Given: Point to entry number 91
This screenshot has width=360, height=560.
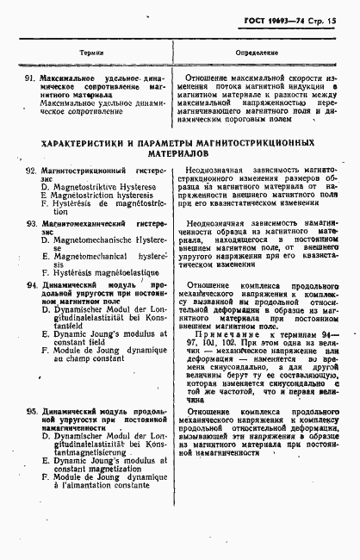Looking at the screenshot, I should point(31,78).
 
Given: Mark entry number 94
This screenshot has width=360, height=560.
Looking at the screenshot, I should point(31,283).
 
